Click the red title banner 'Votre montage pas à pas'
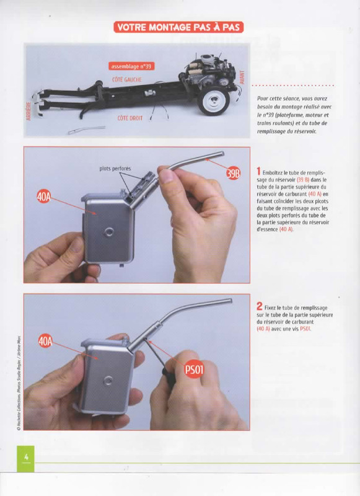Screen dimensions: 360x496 [x=178, y=27]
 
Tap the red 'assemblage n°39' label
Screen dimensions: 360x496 [x=131, y=66]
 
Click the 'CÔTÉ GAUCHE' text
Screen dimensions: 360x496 [x=127, y=80]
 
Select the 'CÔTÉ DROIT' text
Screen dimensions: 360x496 [x=130, y=118]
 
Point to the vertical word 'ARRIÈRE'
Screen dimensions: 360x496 [x=29, y=111]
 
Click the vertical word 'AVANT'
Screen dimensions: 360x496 [x=242, y=77]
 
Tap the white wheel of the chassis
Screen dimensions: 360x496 [x=213, y=100]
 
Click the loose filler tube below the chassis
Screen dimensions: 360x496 [x=86, y=130]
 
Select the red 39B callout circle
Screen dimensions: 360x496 [x=233, y=174]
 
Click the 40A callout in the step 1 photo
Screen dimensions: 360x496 [x=44, y=196]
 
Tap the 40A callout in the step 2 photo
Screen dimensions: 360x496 [x=45, y=342]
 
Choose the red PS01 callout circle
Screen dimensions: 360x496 [x=194, y=369]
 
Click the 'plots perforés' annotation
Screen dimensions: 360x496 [x=115, y=169]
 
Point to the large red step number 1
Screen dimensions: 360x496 [x=258, y=172]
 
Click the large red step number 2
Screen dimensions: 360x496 [x=259, y=306]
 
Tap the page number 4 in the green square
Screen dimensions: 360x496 [x=26, y=457]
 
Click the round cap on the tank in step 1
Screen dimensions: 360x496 [x=108, y=232]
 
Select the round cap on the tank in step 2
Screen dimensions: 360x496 [x=108, y=381]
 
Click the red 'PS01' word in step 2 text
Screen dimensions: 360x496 [x=305, y=329]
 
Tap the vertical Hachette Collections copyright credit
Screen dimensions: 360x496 [x=19, y=383]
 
